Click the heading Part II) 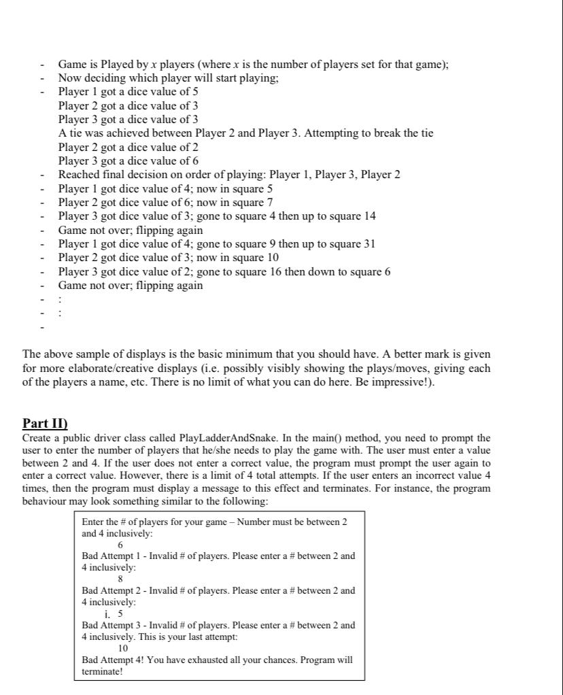(x=45, y=423)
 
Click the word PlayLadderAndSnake (x=222, y=438)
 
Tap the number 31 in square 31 (x=369, y=243)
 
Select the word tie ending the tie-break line (x=426, y=133)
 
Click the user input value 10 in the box (x=124, y=648)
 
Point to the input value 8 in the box (x=120, y=579)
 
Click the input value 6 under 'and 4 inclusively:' (x=120, y=545)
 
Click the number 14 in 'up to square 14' (x=370, y=216)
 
